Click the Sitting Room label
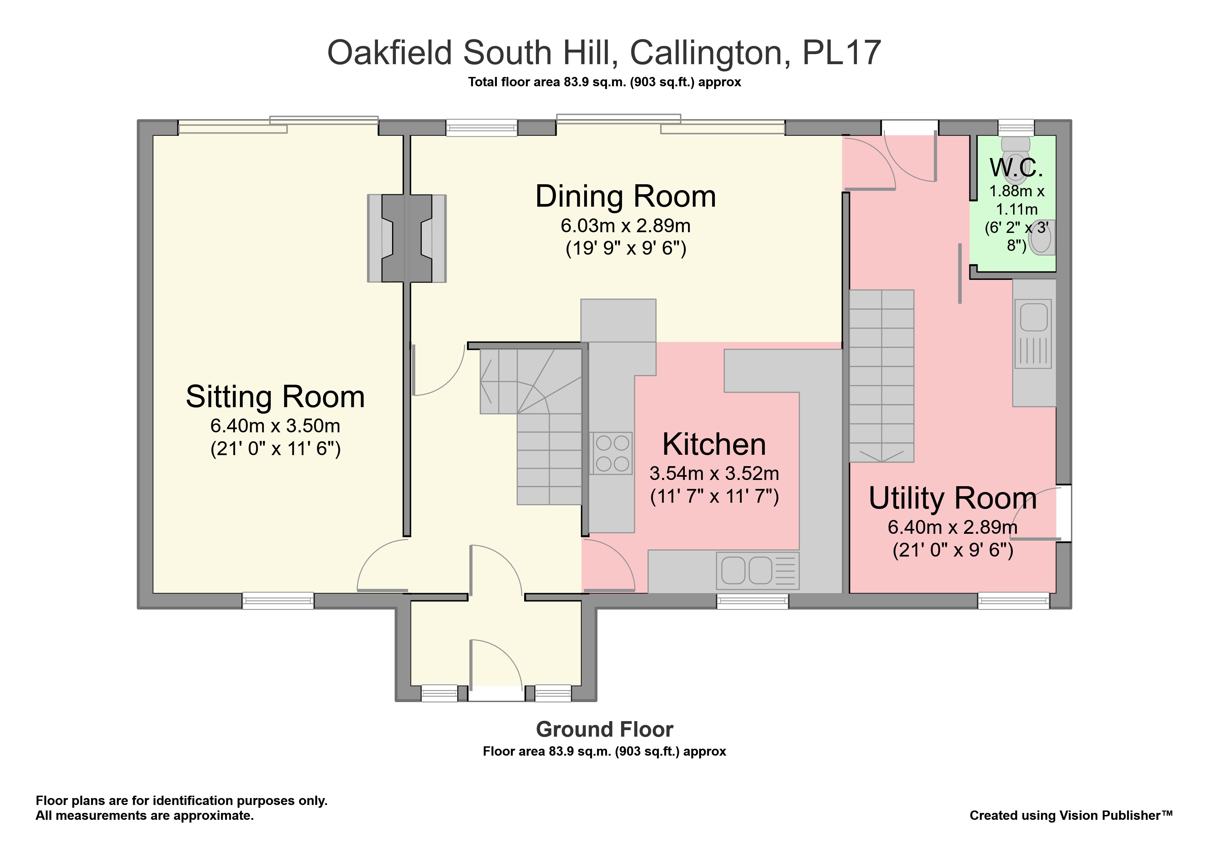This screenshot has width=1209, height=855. click(x=276, y=397)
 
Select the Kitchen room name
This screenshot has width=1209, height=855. click(x=714, y=444)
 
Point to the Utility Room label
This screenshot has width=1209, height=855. click(x=952, y=498)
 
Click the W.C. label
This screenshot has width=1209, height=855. click(x=1016, y=168)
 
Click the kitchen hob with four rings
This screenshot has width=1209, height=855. click(x=611, y=453)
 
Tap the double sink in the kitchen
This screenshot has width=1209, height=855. click(x=757, y=571)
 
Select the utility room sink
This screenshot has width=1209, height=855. click(x=1034, y=333)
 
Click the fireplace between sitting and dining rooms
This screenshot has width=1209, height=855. click(x=407, y=238)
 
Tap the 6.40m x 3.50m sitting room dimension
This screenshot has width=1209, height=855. click(x=276, y=426)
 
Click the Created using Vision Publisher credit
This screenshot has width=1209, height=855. click(x=1071, y=815)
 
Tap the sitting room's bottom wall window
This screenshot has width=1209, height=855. click(x=278, y=601)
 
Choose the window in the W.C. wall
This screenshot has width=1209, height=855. click(x=1016, y=127)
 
